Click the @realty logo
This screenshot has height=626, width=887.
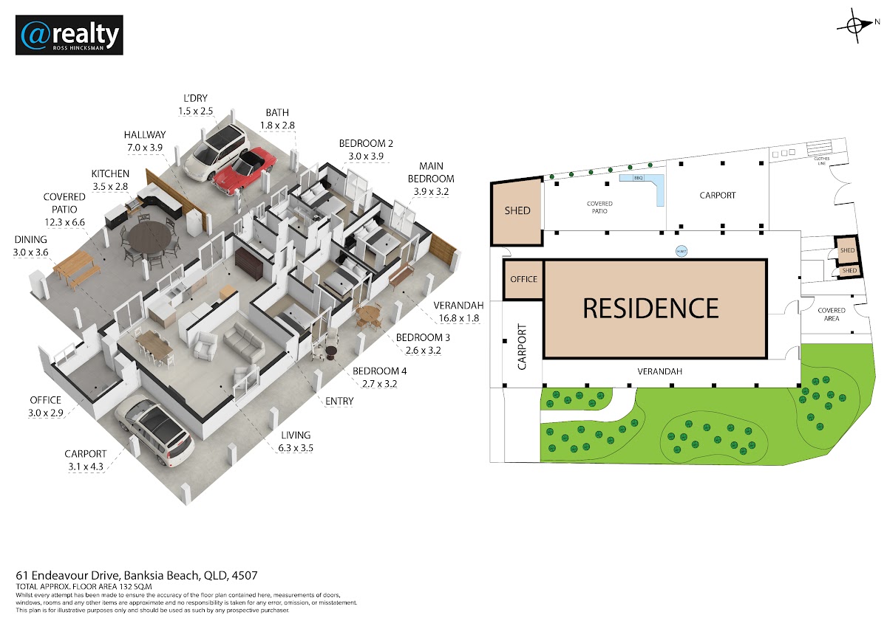[x=69, y=35]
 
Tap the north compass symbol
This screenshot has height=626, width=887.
[x=856, y=24]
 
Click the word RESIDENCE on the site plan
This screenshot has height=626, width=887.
[x=650, y=308]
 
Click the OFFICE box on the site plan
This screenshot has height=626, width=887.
[x=524, y=279]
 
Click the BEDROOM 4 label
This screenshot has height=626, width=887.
[x=375, y=377]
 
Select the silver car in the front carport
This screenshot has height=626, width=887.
[x=156, y=433]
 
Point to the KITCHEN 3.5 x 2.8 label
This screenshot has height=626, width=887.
[x=110, y=180]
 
